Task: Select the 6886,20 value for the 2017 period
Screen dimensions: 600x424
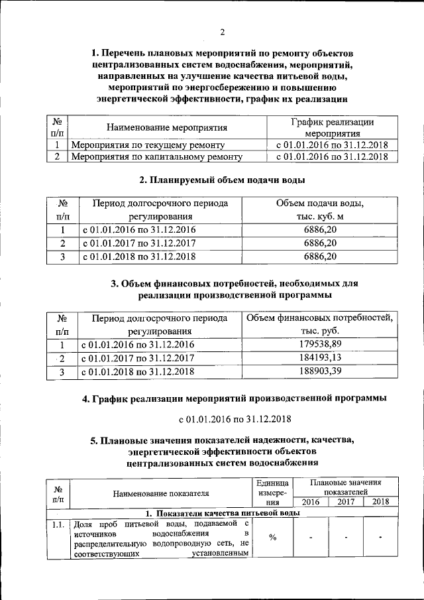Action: (320, 243)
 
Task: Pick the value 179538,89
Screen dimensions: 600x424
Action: (320, 345)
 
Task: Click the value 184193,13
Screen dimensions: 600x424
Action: (320, 358)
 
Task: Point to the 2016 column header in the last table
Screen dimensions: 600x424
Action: (310, 502)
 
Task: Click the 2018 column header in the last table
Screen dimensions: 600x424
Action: (380, 502)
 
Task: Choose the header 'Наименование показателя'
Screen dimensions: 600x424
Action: (161, 493)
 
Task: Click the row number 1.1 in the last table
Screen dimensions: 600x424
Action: (58, 524)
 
